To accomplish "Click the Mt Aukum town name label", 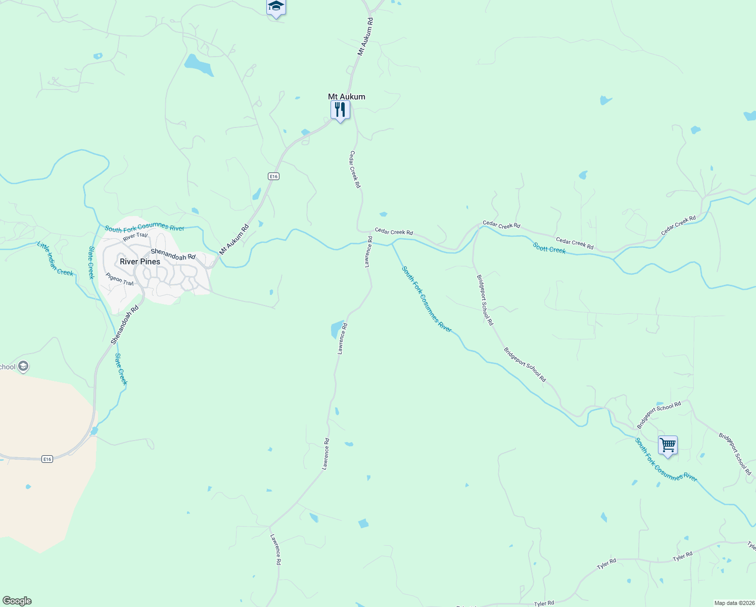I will pos(346,97).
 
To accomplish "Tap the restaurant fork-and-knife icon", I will pos(340,110).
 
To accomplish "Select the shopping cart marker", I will pos(668,446).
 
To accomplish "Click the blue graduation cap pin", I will pos(276,7).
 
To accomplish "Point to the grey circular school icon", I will pos(23,366).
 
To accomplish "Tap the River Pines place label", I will pos(140,262).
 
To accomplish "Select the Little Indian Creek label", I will pos(55,258).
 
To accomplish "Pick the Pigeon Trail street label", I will pos(120,279).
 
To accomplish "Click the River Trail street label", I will pos(135,236).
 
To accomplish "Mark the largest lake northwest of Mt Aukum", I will pos(198,65).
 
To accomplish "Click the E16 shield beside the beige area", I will pos(47,459).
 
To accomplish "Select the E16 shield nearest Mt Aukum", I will pos(273,176).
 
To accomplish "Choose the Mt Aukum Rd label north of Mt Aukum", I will pos(365,36).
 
